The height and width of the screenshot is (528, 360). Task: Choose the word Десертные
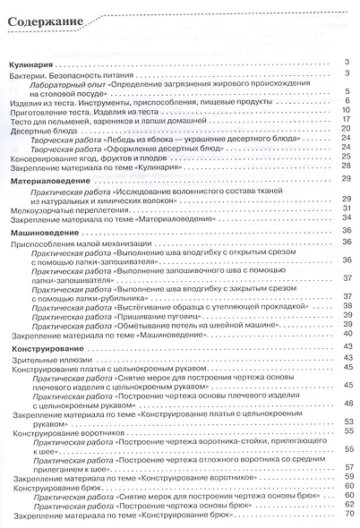(37, 130)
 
